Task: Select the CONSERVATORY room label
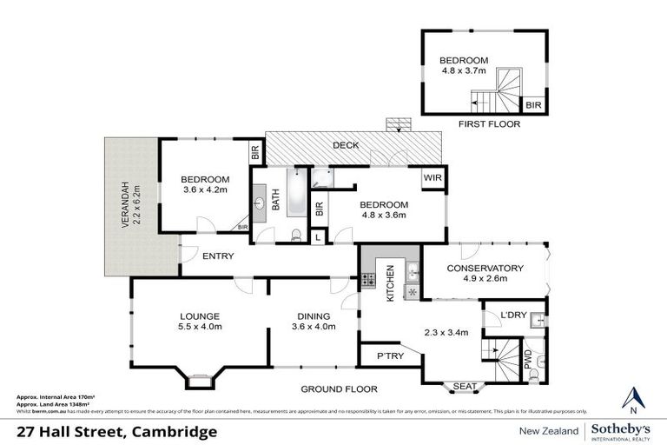[485, 268]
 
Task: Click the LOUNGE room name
[200, 315]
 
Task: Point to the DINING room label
[311, 315]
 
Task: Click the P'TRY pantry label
[387, 356]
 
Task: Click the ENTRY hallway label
[218, 256]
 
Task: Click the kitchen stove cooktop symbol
[368, 280]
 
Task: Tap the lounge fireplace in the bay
[197, 380]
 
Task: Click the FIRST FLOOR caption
[489, 125]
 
